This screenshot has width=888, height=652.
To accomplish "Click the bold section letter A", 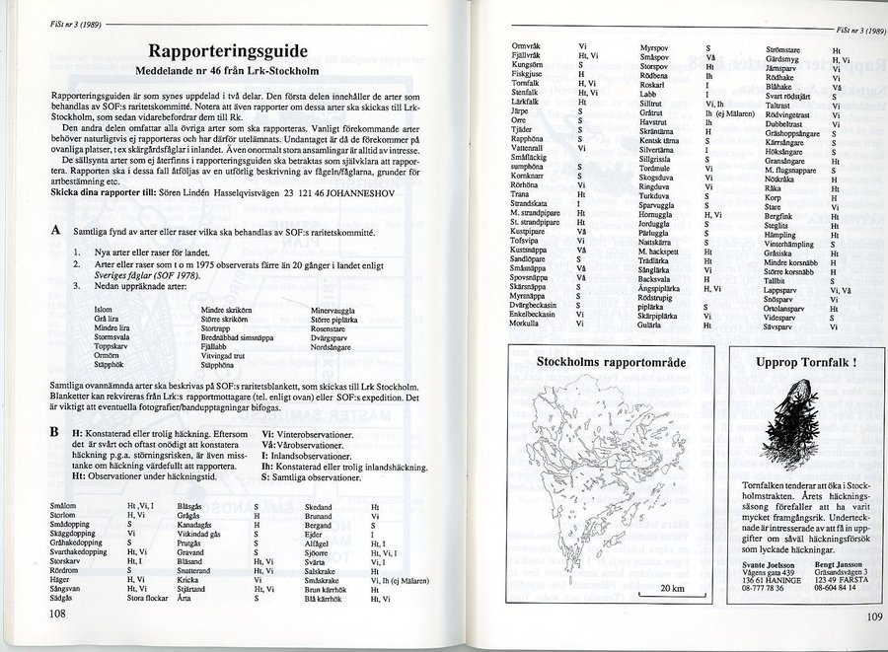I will (54, 229).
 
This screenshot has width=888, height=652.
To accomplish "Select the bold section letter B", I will (53, 432).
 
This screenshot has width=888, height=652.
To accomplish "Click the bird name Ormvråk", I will (524, 46).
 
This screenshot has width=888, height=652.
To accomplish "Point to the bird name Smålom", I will (61, 506).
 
